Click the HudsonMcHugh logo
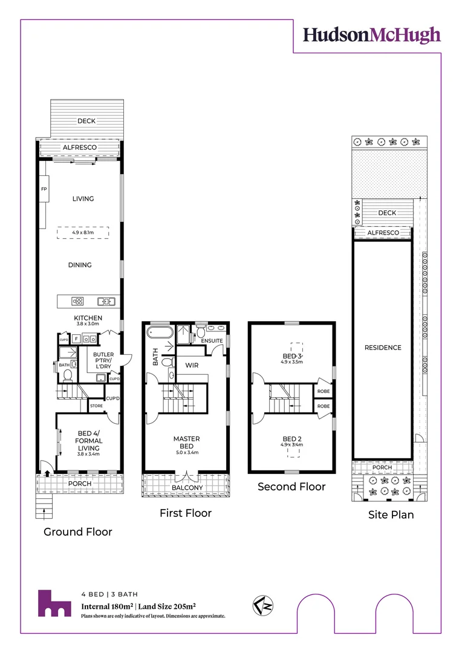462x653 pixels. click(371, 35)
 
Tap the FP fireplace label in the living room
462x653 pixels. click(44, 189)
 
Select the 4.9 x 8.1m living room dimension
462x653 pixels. click(83, 232)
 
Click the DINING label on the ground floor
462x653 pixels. click(80, 265)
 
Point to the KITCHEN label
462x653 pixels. click(88, 318)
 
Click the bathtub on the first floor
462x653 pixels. click(160, 333)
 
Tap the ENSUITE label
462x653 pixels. click(212, 341)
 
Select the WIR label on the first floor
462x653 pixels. click(192, 365)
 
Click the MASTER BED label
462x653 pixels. click(186, 443)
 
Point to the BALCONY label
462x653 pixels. click(187, 488)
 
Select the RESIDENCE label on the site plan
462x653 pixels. click(382, 348)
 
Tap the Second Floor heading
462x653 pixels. click(291, 487)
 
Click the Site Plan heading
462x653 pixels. click(391, 515)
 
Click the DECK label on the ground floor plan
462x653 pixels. click(86, 121)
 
